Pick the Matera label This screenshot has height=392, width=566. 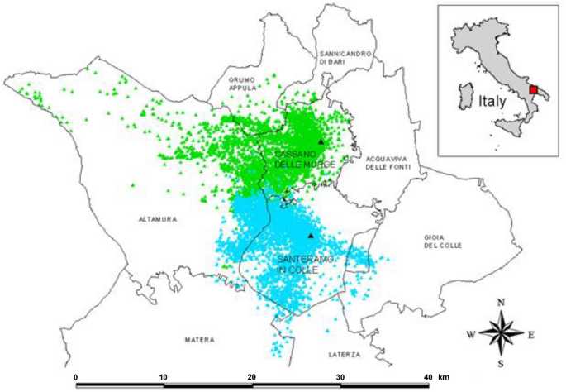click(199, 340)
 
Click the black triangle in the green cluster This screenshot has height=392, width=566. click(321, 143)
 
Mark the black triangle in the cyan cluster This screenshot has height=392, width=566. click(311, 236)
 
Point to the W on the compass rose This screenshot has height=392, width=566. click(471, 335)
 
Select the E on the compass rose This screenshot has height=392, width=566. click(531, 335)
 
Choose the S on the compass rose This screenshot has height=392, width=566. click(501, 365)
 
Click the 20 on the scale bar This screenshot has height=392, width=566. click(252, 376)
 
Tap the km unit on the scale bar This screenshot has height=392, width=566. click(444, 376)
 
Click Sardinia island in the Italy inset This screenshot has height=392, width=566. click(464, 93)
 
